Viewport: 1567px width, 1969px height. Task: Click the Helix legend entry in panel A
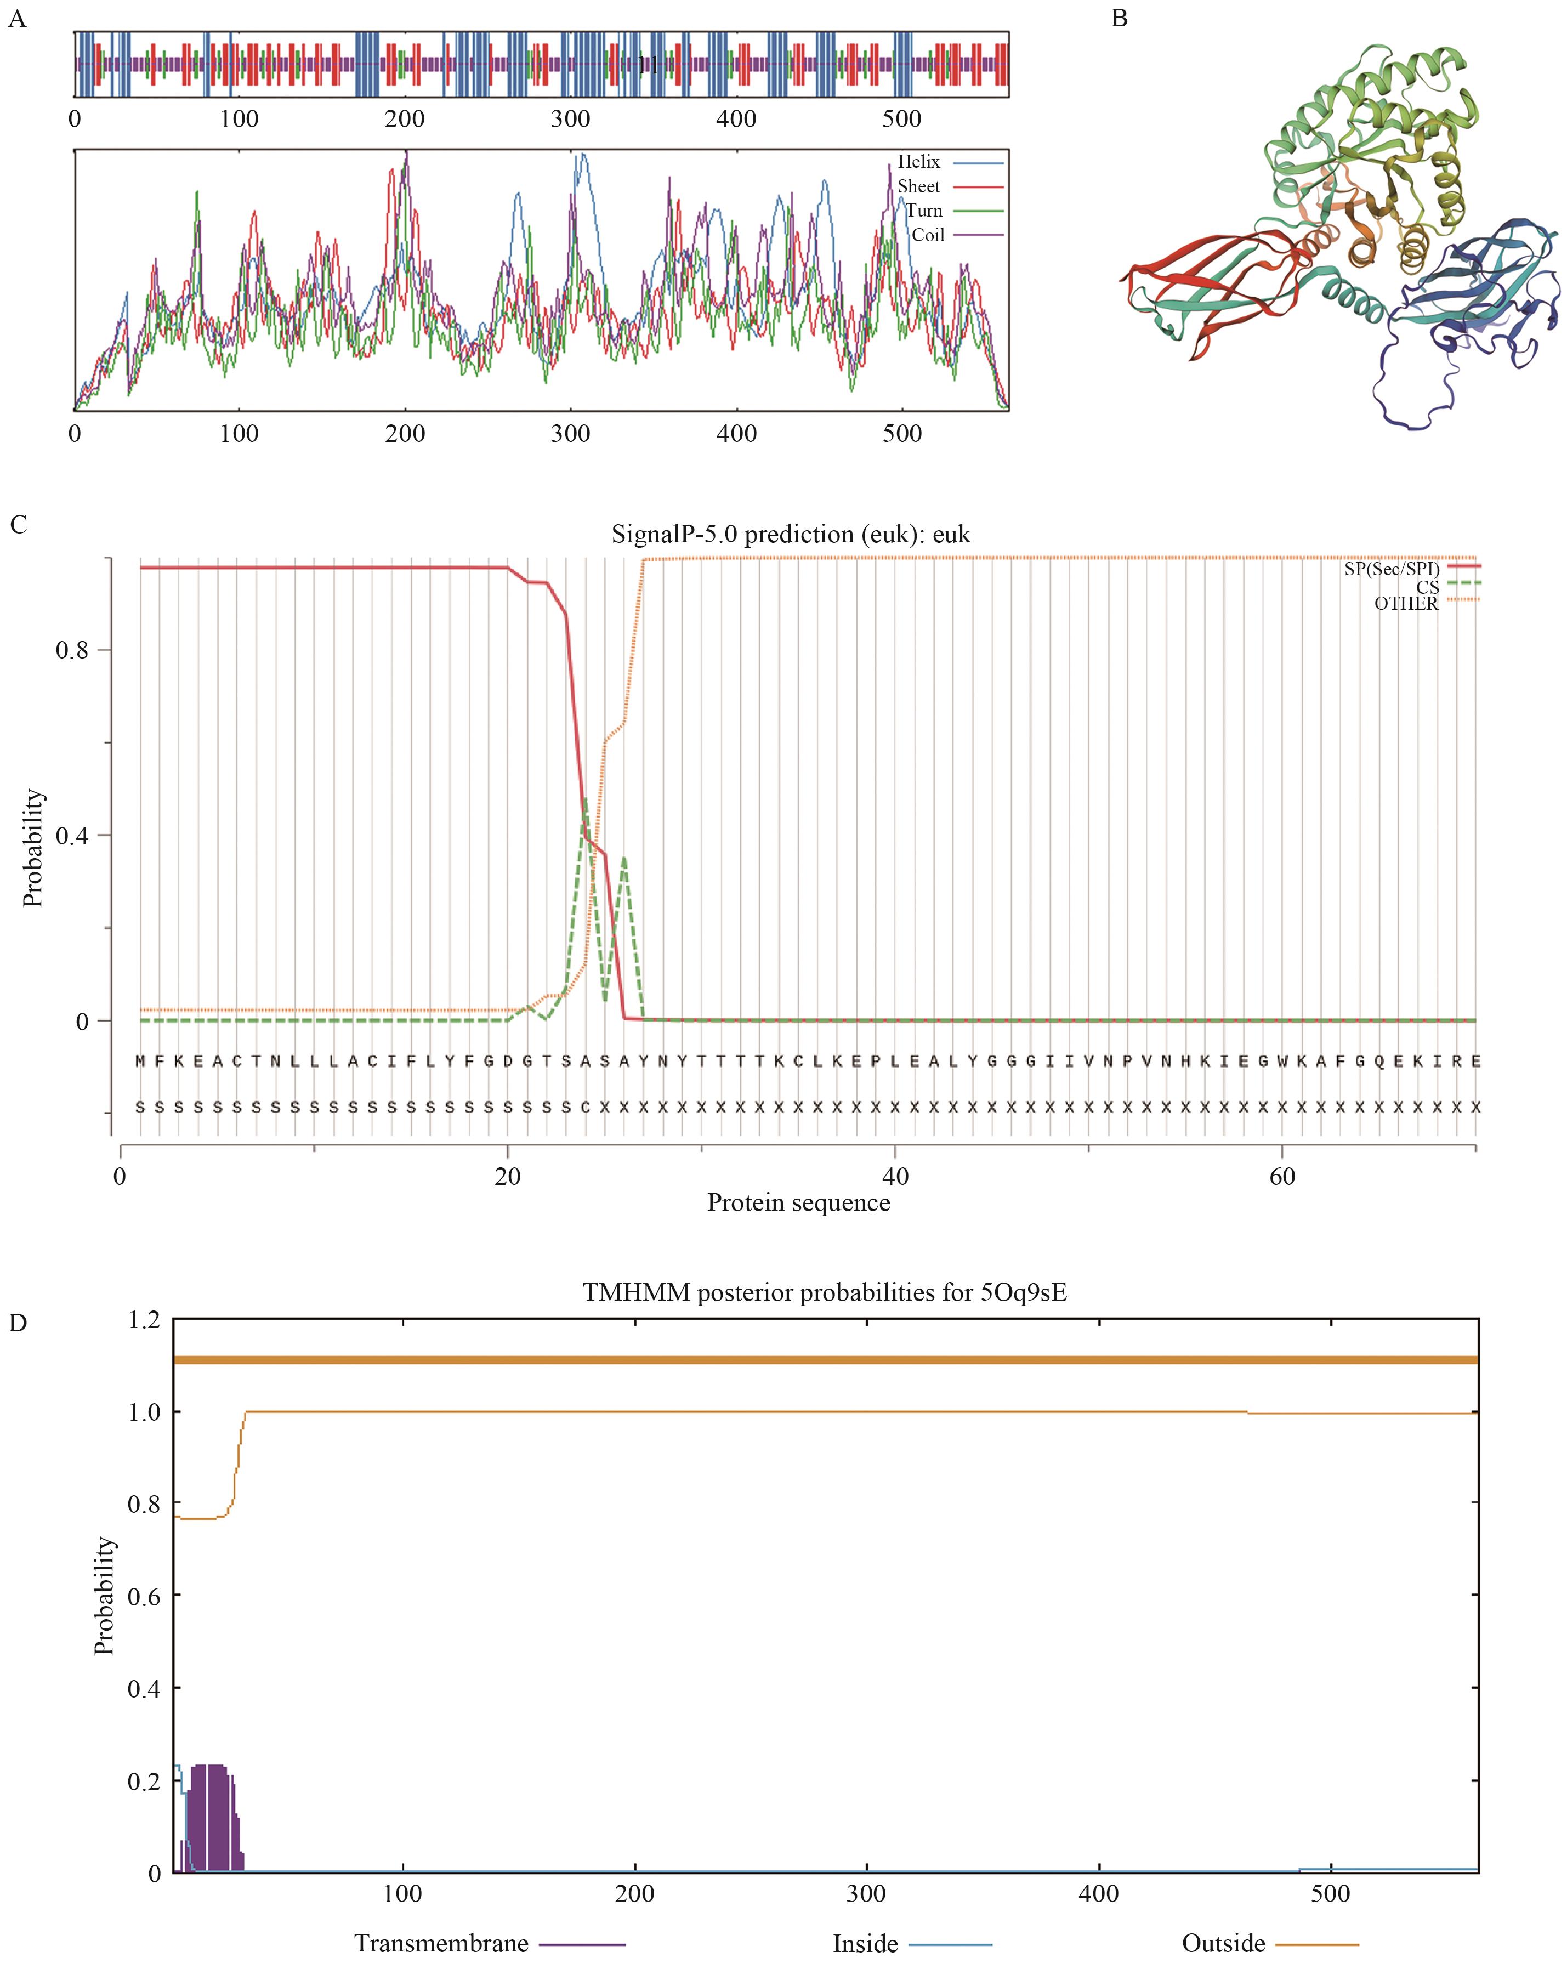click(918, 162)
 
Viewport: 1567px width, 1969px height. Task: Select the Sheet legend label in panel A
click(918, 186)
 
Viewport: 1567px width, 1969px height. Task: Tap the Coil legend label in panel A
click(928, 235)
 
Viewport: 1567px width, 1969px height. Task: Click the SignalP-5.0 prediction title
click(791, 534)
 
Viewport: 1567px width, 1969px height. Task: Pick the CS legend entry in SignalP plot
click(1427, 586)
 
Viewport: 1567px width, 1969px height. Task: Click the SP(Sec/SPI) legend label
click(1391, 569)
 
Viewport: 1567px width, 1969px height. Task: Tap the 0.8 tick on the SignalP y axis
click(72, 650)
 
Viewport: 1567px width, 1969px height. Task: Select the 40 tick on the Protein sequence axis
click(895, 1176)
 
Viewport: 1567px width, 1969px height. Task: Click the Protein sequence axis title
click(798, 1203)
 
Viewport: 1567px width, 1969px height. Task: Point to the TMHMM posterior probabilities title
click(824, 1292)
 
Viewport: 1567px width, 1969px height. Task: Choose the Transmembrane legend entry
click(441, 1943)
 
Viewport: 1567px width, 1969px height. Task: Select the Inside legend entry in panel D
click(865, 1943)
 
